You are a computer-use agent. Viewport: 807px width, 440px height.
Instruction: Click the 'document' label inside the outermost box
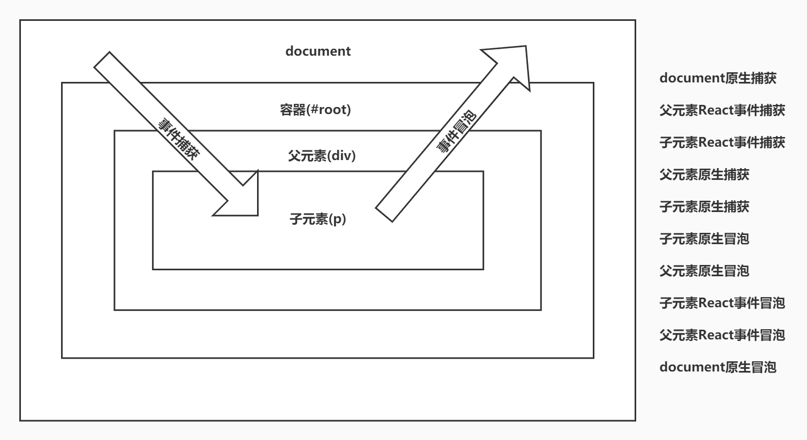point(318,51)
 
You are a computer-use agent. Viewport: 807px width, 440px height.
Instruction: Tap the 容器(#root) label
point(315,110)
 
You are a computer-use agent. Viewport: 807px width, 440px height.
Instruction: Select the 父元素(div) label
point(321,156)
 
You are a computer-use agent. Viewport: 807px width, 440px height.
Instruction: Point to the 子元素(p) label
point(318,219)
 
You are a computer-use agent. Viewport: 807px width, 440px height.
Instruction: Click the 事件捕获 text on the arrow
point(178,138)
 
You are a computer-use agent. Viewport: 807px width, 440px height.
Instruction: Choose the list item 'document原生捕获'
point(718,78)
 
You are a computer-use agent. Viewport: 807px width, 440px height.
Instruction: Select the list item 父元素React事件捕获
point(722,110)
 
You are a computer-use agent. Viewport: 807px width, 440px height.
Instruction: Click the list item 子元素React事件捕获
point(722,142)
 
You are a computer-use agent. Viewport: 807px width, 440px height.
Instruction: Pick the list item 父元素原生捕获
point(704,175)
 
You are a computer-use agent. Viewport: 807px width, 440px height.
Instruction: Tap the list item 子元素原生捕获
point(704,207)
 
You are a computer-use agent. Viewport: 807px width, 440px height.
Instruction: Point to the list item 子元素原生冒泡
point(704,239)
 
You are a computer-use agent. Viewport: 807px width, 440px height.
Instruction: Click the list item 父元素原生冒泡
point(704,271)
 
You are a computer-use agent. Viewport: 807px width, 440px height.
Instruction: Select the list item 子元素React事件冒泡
point(722,303)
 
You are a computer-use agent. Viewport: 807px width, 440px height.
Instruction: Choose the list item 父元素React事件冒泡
point(722,335)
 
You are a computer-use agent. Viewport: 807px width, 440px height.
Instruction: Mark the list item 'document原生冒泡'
point(718,367)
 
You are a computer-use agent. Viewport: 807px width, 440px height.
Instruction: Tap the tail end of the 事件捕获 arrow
point(103,60)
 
